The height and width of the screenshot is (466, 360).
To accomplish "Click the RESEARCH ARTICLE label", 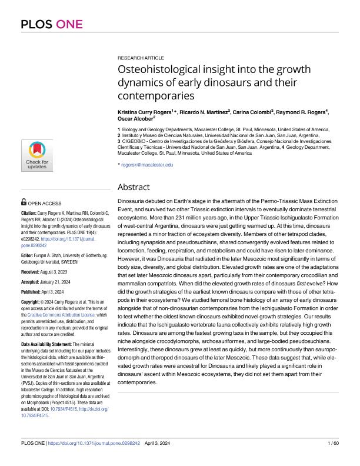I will point(138,60).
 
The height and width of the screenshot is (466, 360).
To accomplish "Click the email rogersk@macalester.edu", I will point(147,165).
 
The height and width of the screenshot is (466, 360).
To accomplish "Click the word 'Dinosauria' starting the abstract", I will point(132,201).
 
